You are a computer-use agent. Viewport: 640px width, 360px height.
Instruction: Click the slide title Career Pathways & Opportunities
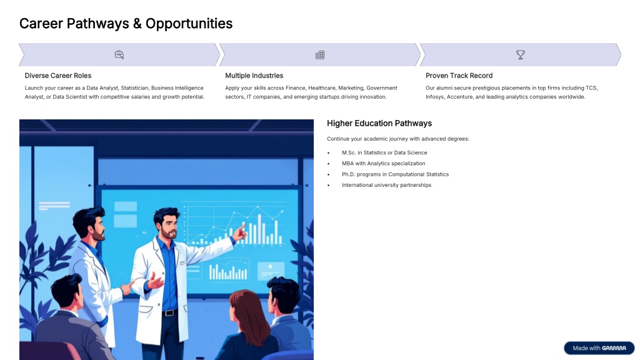pyautogui.click(x=126, y=24)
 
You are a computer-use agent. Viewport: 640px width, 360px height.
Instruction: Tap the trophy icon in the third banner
pyautogui.click(x=521, y=55)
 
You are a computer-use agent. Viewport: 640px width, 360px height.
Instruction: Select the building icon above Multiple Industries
pyautogui.click(x=320, y=55)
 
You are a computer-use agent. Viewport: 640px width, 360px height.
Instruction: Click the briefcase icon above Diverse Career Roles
pyautogui.click(x=119, y=55)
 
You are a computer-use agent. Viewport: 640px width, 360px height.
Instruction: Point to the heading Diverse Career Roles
pyautogui.click(x=58, y=76)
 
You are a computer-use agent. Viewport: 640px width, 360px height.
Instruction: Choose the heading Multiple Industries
pyautogui.click(x=254, y=76)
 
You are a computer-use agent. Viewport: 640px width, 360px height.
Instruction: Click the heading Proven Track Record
pyautogui.click(x=459, y=76)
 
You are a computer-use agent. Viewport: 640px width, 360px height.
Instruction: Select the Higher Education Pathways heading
pyautogui.click(x=379, y=123)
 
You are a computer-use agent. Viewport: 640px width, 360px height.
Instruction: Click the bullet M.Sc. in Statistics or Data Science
pyautogui.click(x=384, y=152)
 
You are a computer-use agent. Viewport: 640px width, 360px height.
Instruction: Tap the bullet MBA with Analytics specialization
pyautogui.click(x=383, y=163)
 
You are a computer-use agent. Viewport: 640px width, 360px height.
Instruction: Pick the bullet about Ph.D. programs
pyautogui.click(x=395, y=174)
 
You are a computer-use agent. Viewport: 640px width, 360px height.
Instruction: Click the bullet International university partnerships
pyautogui.click(x=386, y=185)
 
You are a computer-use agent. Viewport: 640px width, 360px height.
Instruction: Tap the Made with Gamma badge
pyautogui.click(x=599, y=348)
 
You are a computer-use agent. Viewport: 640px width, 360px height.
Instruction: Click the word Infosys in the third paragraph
pyautogui.click(x=434, y=97)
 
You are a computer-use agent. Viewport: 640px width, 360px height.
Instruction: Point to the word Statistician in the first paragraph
pyautogui.click(x=135, y=87)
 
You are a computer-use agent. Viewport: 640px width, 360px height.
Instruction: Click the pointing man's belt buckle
pyautogui.click(x=169, y=313)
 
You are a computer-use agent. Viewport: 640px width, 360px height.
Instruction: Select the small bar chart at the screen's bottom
pyautogui.click(x=227, y=272)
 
